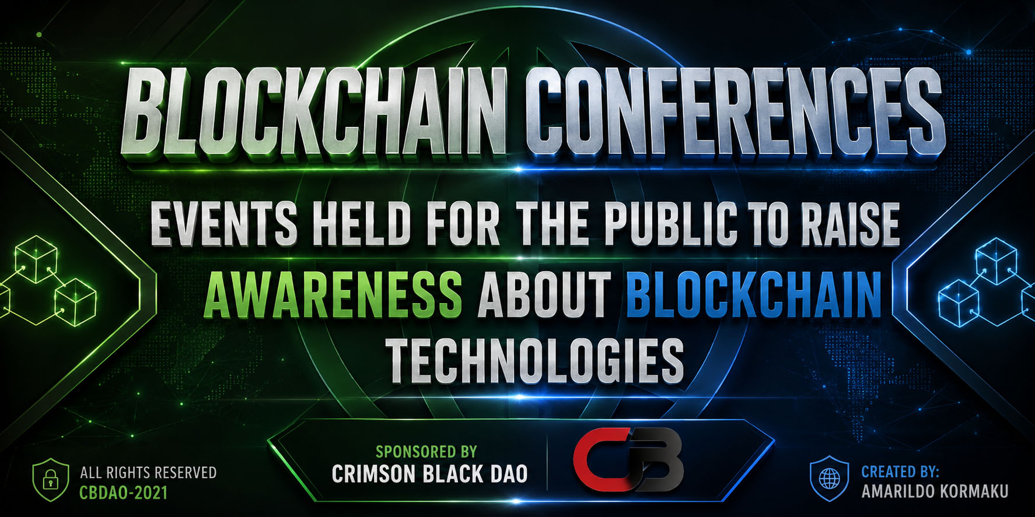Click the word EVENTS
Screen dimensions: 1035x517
[x=224, y=224]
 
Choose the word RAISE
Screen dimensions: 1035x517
[x=851, y=224]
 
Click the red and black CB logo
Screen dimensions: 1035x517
[x=627, y=460]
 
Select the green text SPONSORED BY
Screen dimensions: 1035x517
[x=426, y=452]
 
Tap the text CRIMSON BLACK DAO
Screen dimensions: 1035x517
[x=429, y=474]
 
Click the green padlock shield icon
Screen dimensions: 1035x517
[x=51, y=479]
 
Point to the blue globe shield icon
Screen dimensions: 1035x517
[x=830, y=479]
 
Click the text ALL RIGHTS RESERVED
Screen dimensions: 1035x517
[x=148, y=472]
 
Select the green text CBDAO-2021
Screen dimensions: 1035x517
[x=124, y=493]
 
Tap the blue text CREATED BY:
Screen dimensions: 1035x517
[x=900, y=471]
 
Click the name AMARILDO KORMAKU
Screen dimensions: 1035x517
[x=935, y=491]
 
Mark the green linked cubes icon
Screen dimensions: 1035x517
[x=47, y=280]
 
